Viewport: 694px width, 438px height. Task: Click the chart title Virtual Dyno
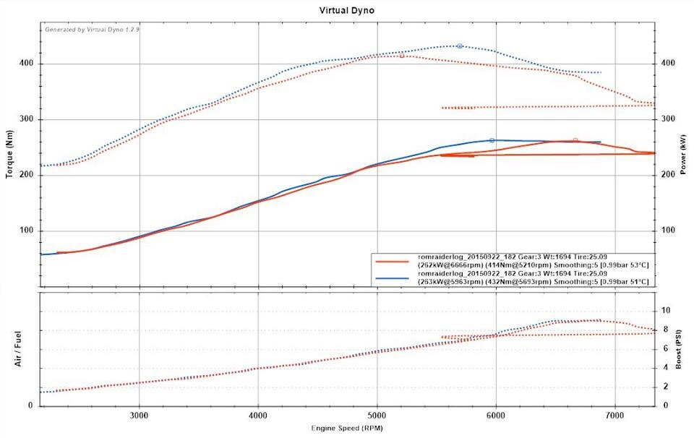pos(346,12)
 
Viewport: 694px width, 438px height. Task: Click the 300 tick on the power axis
pos(666,119)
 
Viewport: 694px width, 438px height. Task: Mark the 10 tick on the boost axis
pos(666,310)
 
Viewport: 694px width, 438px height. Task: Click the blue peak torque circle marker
pos(460,46)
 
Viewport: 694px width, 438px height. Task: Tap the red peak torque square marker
pos(402,56)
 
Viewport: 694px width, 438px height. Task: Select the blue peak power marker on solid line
pos(492,140)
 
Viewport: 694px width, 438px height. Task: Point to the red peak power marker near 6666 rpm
pos(575,140)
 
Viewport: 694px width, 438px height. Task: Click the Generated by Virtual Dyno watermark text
pos(82,30)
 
